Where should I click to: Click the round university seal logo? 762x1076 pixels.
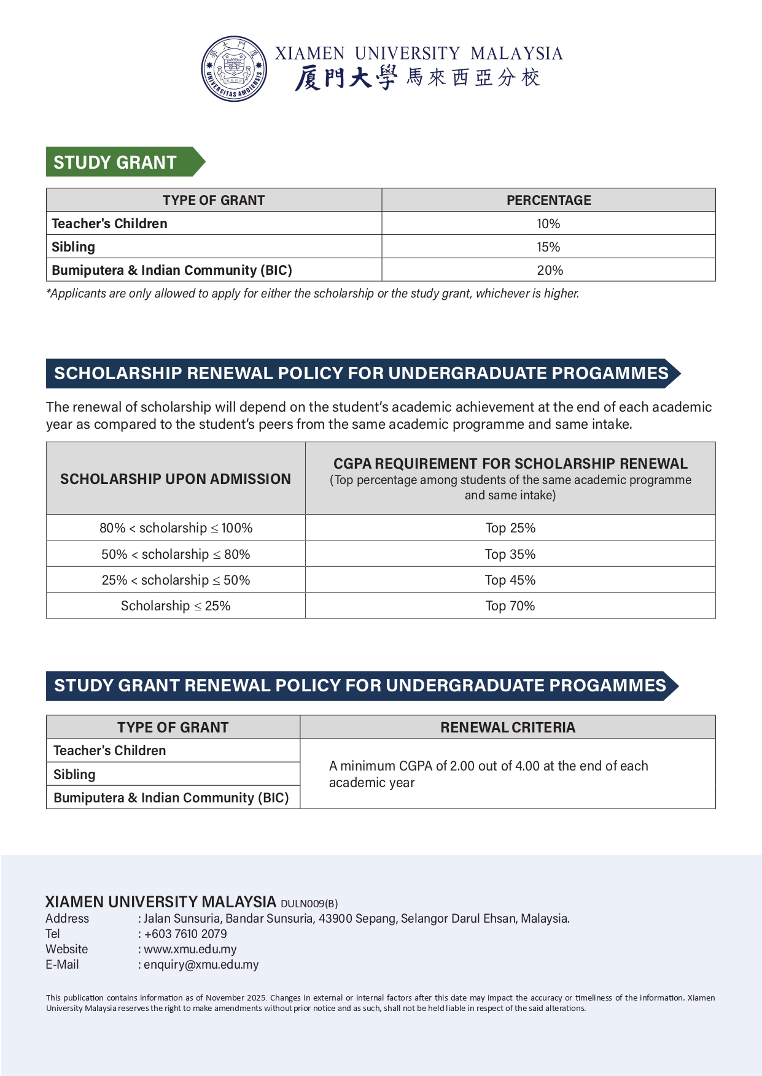tap(234, 69)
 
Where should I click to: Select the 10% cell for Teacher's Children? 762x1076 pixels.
tap(548, 224)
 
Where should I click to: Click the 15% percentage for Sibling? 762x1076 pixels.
tap(548, 247)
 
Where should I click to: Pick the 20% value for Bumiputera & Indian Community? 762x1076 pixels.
tap(550, 271)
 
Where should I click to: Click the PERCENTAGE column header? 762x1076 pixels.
tap(548, 201)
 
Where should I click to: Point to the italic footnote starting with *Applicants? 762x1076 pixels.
tap(313, 294)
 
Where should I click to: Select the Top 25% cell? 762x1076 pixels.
tap(510, 528)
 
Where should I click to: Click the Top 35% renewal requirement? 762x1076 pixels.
tap(510, 555)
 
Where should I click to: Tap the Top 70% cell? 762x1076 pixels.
tap(510, 606)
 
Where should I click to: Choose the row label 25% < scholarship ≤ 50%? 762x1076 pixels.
tap(176, 580)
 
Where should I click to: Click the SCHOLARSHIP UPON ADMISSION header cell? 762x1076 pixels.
tap(176, 479)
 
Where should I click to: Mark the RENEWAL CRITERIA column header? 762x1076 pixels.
tap(508, 728)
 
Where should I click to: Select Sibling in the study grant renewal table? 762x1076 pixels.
tap(74, 775)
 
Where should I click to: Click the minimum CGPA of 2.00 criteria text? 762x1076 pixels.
tap(488, 774)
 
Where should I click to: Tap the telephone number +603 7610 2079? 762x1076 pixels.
tap(185, 934)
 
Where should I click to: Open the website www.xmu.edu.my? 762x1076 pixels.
tap(190, 950)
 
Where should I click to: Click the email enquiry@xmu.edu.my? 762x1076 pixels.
tap(201, 965)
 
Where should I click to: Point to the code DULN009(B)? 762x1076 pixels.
tap(309, 904)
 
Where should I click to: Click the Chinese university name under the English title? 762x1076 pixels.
tap(418, 78)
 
